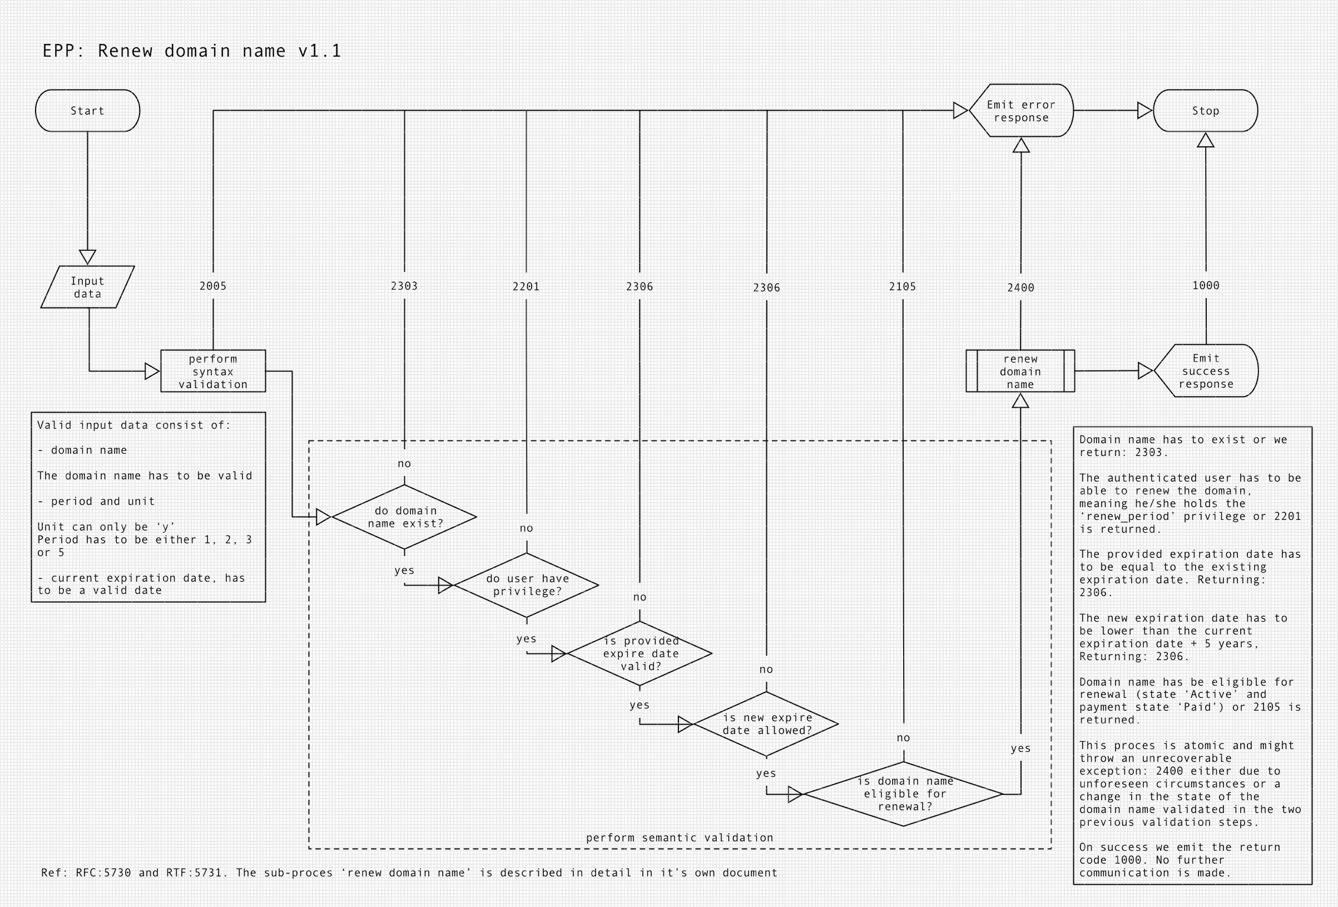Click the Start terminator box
coord(87,111)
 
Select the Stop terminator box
coord(1205,111)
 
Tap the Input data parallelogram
coord(87,287)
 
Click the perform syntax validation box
coord(213,371)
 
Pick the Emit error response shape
coord(1021,111)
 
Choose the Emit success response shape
coord(1206,371)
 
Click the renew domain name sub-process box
coord(1020,371)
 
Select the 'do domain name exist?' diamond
coord(405,517)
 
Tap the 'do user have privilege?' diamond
coord(527,584)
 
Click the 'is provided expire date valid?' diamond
coord(640,653)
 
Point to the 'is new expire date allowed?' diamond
coord(767,724)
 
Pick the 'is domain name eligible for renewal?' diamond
coord(904,794)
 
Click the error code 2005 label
coord(213,286)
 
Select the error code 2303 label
coord(404,286)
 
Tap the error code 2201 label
coord(526,287)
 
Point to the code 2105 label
coord(902,287)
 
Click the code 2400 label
coord(1021,288)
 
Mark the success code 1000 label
coord(1206,286)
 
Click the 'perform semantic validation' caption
coord(680,838)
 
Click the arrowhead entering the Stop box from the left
coord(1144,111)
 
